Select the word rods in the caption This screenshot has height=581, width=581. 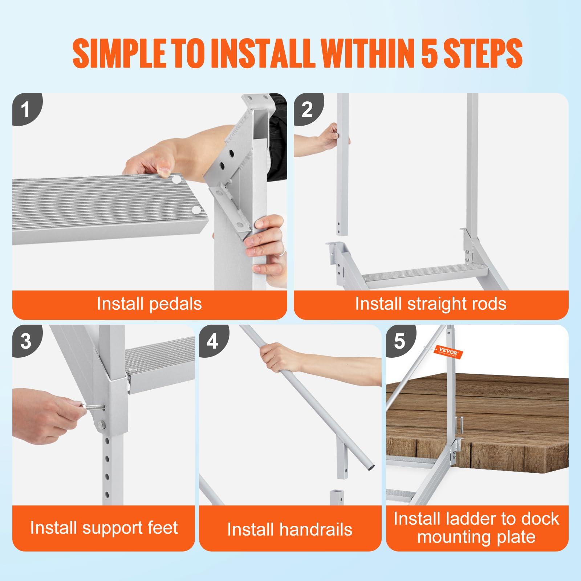(x=488, y=304)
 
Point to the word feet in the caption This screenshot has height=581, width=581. (x=162, y=527)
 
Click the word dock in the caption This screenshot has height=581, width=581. (x=540, y=519)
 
